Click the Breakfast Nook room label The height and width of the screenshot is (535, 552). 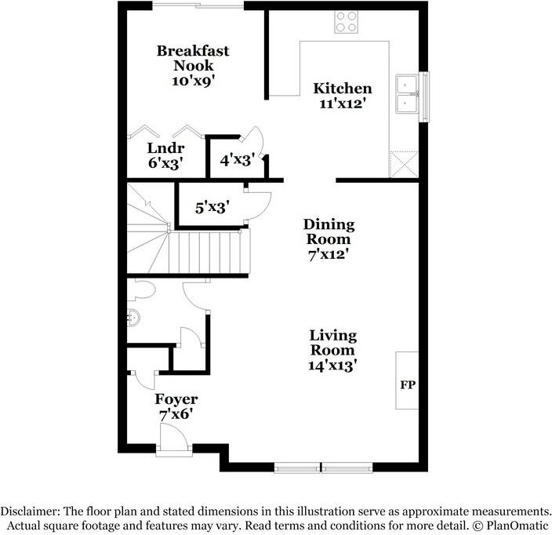[193, 58]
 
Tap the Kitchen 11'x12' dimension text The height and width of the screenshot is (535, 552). [342, 103]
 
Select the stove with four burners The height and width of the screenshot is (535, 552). [347, 21]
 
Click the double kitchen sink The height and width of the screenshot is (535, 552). [409, 94]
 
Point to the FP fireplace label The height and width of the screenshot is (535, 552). [408, 385]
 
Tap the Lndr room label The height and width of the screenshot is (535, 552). [165, 149]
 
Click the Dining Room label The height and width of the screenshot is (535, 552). [329, 231]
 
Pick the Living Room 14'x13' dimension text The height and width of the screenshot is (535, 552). [333, 365]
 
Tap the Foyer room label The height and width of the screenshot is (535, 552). [176, 399]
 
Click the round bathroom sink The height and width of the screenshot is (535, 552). [136, 318]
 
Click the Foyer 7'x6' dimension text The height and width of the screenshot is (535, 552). [175, 413]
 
